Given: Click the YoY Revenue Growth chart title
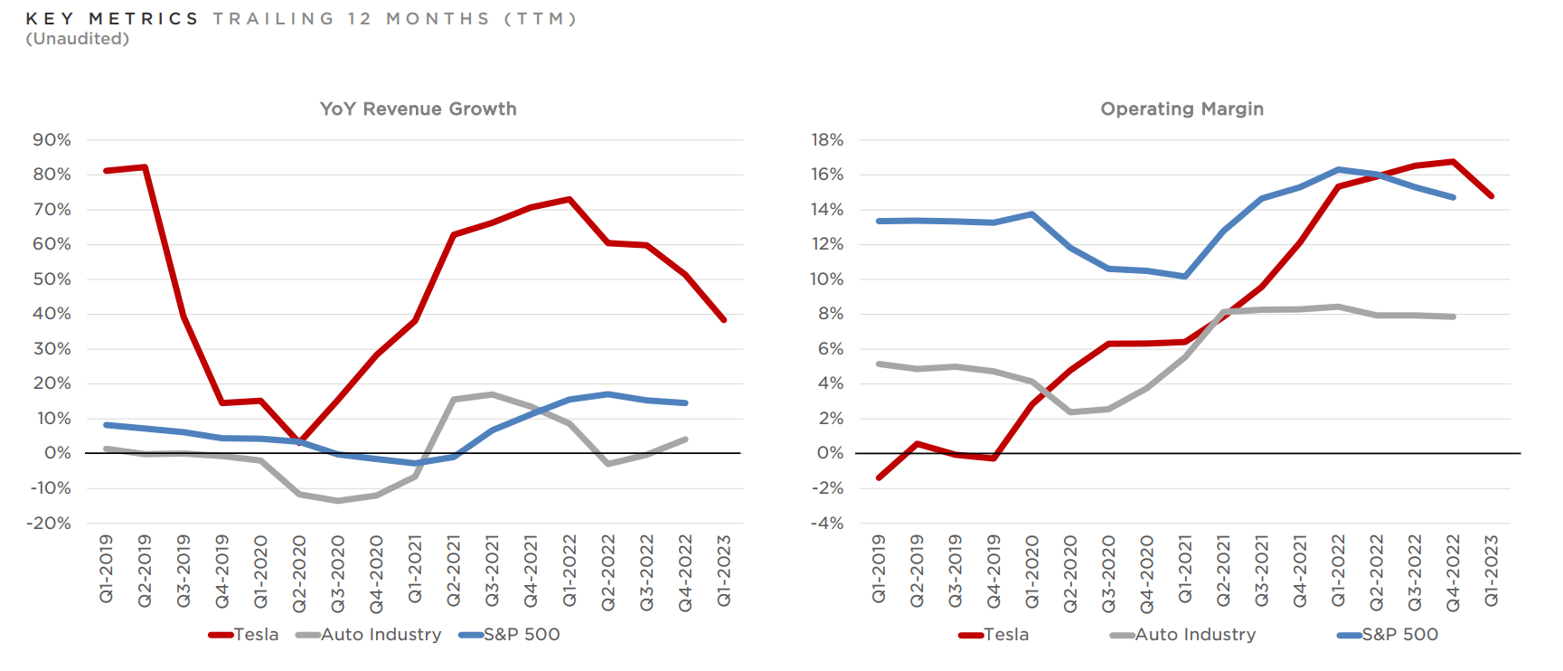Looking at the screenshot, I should [x=418, y=109].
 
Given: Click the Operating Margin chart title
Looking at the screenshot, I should [x=1182, y=109].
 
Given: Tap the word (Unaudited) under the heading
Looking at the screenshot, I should [x=78, y=39].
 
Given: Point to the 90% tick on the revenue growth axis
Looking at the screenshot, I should [x=52, y=140].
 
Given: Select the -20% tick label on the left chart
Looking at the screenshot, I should [x=49, y=524].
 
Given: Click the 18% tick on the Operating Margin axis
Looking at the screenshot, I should [x=827, y=140].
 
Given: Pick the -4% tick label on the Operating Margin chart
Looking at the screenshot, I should [x=827, y=524].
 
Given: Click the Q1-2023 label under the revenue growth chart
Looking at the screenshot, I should [x=724, y=570].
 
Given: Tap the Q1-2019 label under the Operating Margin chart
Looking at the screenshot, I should [x=879, y=570].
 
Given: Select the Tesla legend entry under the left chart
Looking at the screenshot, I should [x=256, y=635].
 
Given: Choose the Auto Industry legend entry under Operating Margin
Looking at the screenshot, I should [x=1195, y=635].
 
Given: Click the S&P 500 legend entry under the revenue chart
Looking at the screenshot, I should [x=522, y=635].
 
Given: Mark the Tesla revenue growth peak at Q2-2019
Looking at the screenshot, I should [x=145, y=167].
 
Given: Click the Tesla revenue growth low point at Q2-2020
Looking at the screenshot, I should [x=300, y=442].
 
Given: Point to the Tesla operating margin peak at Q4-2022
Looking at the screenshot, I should [x=1453, y=162].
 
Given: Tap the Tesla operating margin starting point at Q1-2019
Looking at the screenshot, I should [x=879, y=477].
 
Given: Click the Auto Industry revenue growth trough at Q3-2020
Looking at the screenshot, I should [x=338, y=500].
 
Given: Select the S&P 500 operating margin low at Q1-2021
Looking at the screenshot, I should [x=1184, y=276].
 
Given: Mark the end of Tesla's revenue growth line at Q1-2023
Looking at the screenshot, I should [x=724, y=320].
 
